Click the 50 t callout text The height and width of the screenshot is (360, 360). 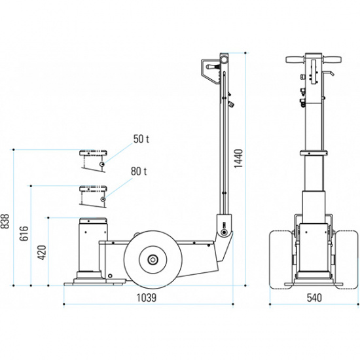click(x=141, y=139)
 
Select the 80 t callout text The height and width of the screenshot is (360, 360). click(x=138, y=171)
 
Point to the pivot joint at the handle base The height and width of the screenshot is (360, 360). click(x=224, y=230)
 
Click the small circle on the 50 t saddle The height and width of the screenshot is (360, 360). click(x=103, y=164)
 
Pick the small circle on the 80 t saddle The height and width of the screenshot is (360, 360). click(x=103, y=198)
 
